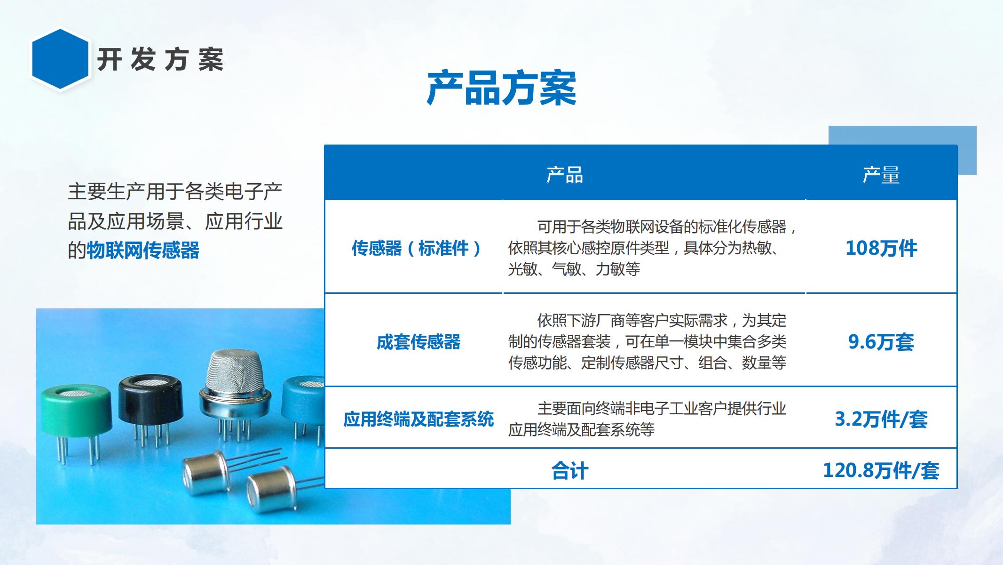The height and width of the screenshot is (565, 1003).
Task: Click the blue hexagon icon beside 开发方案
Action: [x=60, y=59]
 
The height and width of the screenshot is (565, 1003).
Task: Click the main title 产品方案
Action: [x=501, y=88]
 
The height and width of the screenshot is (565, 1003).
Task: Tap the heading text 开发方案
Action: [x=160, y=60]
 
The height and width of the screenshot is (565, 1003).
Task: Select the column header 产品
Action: [x=565, y=175]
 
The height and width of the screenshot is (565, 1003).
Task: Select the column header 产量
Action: [x=881, y=175]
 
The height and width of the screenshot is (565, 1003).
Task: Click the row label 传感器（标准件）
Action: [x=417, y=248]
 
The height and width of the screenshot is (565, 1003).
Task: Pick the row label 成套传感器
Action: [x=419, y=342]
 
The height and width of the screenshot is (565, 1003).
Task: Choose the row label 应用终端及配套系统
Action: [x=419, y=419]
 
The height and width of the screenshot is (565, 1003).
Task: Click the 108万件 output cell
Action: [x=881, y=248]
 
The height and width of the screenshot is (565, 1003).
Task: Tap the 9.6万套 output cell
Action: [x=881, y=342]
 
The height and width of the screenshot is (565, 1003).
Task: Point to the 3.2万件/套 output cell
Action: [x=881, y=419]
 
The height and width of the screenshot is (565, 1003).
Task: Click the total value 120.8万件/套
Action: [x=881, y=470]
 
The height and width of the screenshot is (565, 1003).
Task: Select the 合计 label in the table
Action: [x=569, y=471]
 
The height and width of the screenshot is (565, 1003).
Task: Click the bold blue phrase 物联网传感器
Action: [x=143, y=250]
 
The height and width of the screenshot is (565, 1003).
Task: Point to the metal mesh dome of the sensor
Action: [x=235, y=372]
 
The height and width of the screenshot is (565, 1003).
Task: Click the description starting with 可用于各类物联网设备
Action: [x=652, y=248]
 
